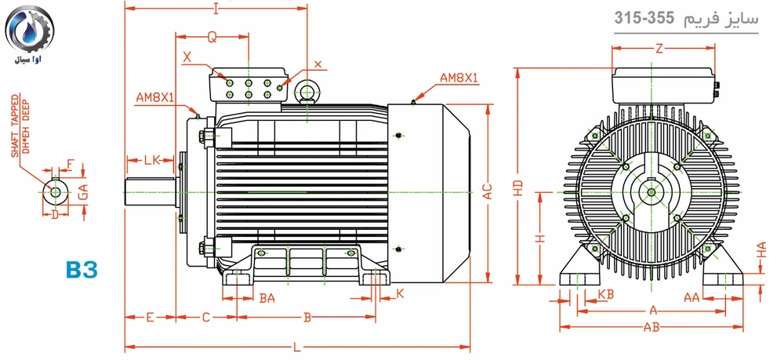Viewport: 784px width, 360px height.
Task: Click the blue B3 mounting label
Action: coord(82,270)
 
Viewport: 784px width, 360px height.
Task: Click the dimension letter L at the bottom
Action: coord(296,347)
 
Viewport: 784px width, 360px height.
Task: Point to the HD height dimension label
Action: coord(521,188)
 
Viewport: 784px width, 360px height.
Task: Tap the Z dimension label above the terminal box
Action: coord(659,49)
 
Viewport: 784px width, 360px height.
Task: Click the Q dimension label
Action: coord(212,37)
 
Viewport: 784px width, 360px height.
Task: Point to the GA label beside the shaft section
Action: coord(83,190)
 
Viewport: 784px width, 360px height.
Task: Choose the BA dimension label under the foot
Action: coord(267,298)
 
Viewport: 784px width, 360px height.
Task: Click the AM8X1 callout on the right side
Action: coord(459,78)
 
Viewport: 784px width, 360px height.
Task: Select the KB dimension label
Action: coord(604,293)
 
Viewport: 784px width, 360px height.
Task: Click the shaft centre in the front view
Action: coord(652,191)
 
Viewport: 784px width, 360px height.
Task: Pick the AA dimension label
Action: coord(691,297)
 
